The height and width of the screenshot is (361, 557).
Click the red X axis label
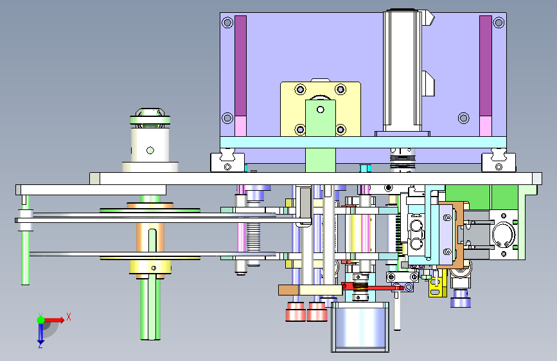pos(69,317)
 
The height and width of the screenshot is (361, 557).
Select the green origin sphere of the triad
pos(40,320)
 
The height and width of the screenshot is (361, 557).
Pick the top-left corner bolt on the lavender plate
pos(227,22)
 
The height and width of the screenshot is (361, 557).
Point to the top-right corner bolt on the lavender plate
pos(499,22)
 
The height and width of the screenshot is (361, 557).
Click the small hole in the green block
pos(321,110)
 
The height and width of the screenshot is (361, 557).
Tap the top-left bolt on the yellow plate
pos(300,89)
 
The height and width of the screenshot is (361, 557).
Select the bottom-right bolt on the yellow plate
pos(340,130)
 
